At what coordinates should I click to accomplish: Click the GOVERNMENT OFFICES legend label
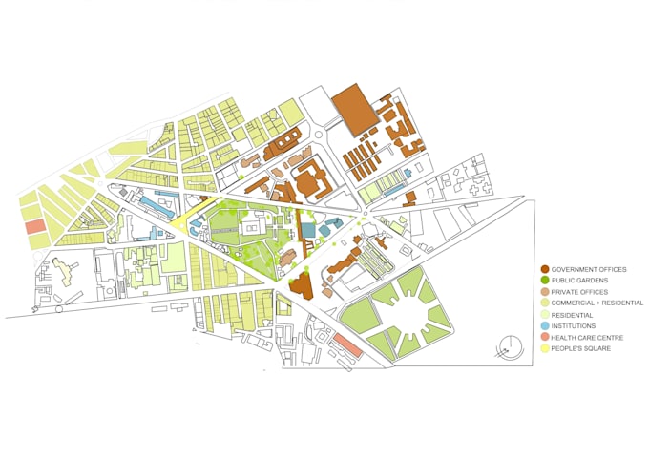(x=589, y=270)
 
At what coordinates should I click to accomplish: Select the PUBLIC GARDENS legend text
(x=579, y=281)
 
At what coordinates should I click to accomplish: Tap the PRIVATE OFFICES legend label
(x=580, y=292)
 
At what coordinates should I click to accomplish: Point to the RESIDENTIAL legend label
(x=573, y=315)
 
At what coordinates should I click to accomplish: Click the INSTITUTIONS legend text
(x=574, y=326)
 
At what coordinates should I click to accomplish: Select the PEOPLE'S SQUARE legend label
(x=580, y=348)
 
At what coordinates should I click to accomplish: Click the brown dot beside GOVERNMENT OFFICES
(x=544, y=270)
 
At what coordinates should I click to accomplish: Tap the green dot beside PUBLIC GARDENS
(x=544, y=281)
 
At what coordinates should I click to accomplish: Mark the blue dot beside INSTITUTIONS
(x=544, y=326)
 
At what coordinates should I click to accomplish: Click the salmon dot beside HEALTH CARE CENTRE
(x=544, y=337)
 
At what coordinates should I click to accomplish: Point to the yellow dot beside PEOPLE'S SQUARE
(x=544, y=348)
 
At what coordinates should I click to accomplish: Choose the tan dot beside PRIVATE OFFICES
(x=544, y=292)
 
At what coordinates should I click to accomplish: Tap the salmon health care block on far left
(x=35, y=227)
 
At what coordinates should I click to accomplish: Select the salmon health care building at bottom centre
(x=347, y=345)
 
